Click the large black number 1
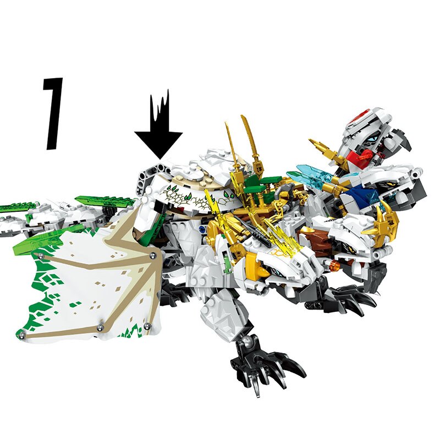coord(54,113)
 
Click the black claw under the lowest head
coord(352,294)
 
